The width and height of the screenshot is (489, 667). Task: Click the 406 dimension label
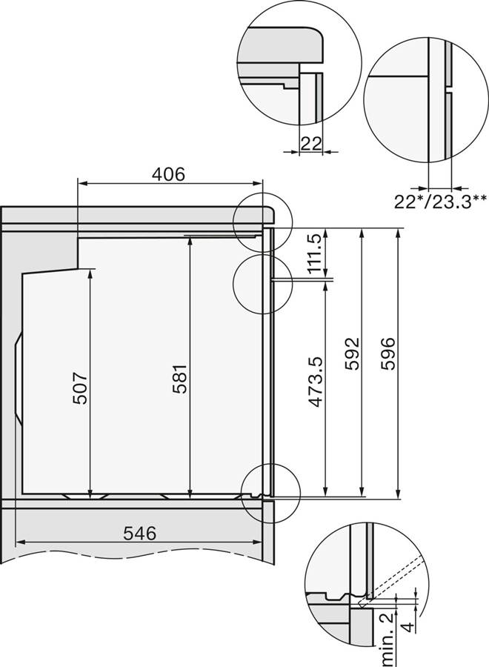coord(168,174)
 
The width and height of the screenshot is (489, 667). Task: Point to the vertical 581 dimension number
coord(181,377)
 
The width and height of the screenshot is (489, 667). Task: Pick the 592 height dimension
coord(352,354)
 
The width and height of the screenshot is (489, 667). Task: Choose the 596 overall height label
coord(389,354)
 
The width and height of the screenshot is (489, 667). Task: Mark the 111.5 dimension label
coord(316,253)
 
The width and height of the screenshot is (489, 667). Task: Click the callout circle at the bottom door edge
coord(270,491)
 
